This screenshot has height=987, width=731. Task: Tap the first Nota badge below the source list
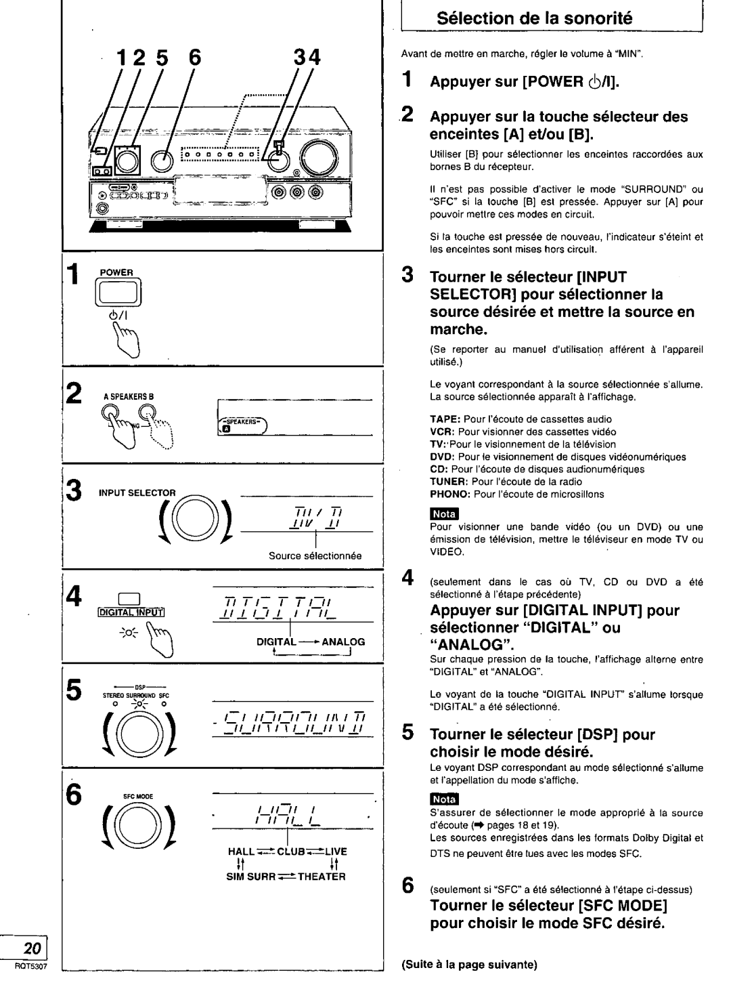point(445,512)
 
